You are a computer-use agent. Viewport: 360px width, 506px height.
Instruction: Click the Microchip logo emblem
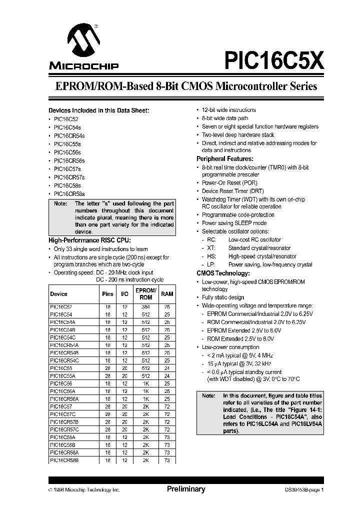83,42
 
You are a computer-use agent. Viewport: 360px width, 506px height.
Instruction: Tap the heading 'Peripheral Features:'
225,158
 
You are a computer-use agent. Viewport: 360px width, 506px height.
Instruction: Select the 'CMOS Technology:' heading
223,273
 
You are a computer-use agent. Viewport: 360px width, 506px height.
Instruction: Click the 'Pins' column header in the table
107,294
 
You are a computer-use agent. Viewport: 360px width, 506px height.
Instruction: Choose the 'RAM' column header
166,294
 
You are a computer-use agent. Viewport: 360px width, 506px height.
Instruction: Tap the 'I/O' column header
125,294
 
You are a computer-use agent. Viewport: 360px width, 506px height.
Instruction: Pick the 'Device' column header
59,294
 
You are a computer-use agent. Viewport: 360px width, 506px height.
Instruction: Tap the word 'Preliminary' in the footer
186,489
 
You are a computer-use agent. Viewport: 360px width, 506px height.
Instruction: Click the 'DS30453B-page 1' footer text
304,490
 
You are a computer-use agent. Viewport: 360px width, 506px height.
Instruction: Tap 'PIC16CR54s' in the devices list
69,135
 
